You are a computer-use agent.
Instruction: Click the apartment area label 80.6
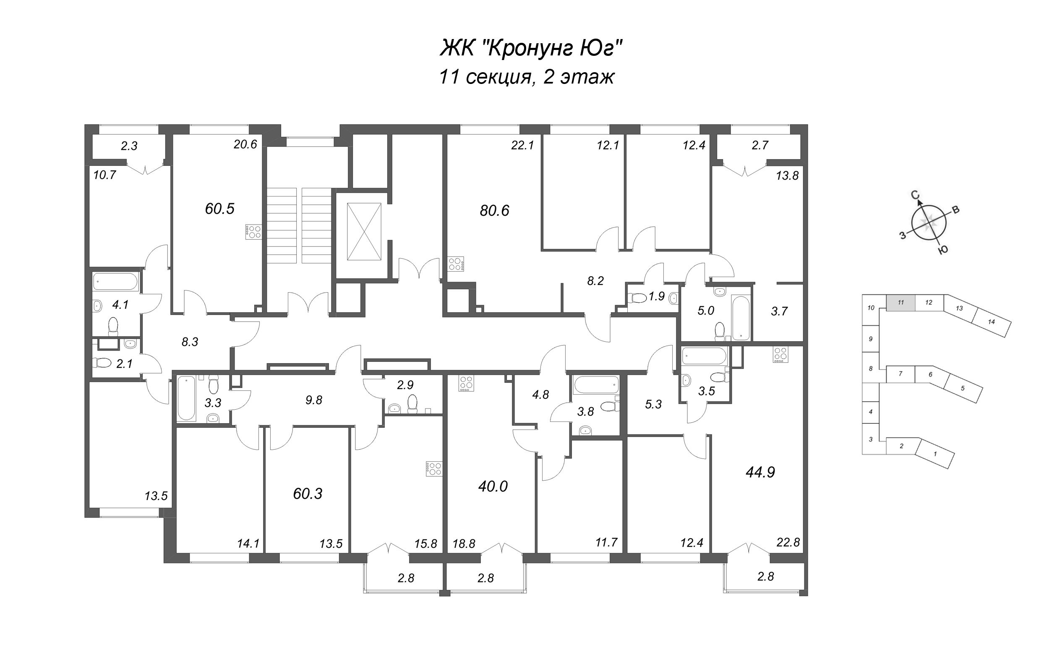tap(494, 211)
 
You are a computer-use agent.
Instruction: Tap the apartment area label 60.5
tap(220, 209)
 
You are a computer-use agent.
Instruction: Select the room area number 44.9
tap(760, 472)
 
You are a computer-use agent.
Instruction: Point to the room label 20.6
tap(245, 145)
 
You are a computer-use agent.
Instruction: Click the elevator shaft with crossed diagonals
tap(364, 232)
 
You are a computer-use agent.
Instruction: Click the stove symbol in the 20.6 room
tap(253, 231)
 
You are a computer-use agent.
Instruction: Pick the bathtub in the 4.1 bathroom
tap(115, 282)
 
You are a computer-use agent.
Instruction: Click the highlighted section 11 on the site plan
tap(900, 302)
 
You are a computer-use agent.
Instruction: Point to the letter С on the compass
tap(915, 195)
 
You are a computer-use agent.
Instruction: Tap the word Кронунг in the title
tap(528, 49)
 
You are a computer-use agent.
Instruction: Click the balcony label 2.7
tap(760, 145)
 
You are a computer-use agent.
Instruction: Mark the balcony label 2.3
tap(129, 146)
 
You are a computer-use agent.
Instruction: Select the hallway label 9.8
tap(313, 400)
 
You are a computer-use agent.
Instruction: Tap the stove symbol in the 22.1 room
tap(457, 263)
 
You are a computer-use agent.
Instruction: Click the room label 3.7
tap(779, 311)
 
